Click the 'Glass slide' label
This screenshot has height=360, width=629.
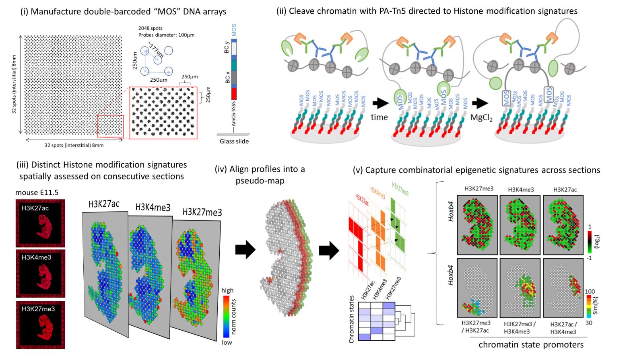tap(234, 141)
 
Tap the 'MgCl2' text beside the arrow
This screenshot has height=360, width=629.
tap(481, 117)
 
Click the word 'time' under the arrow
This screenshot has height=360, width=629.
tap(379, 117)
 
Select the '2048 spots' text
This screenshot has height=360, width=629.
tap(150, 28)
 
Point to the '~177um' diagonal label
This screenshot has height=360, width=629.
tap(155, 49)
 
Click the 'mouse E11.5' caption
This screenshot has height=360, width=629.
tap(37, 193)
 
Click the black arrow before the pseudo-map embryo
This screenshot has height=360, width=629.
tap(245, 250)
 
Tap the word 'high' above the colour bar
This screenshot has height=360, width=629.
tap(227, 290)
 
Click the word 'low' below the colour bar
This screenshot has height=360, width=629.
tap(227, 342)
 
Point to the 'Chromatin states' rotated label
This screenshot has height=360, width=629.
tap(351, 319)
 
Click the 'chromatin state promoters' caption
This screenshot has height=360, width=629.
tap(531, 345)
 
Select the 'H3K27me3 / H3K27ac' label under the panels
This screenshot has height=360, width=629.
tap(476, 326)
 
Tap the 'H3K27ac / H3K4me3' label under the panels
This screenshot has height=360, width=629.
tap(563, 327)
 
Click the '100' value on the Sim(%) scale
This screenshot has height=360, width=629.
tap(590, 291)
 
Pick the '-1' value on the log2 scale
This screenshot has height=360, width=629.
tap(590, 258)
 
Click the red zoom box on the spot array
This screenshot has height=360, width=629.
tap(110, 126)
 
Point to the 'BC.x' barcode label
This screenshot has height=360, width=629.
tap(227, 77)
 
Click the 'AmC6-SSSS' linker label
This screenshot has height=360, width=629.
tap(233, 113)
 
